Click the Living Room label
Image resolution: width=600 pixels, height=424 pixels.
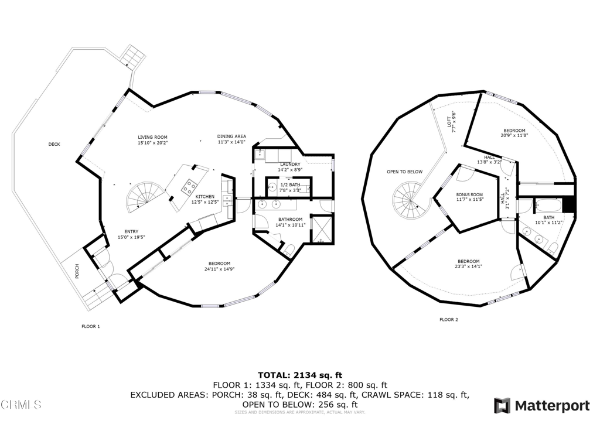152,136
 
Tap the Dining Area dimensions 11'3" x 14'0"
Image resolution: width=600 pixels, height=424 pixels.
231,142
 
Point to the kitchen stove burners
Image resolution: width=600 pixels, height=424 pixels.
190,187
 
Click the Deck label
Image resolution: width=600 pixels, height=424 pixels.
54,145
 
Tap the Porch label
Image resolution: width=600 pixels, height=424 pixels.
77,271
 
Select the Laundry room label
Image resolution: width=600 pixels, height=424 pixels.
290,164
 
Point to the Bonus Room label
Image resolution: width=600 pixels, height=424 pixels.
469,194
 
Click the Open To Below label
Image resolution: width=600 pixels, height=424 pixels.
404,172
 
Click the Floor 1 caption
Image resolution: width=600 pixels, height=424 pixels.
90,326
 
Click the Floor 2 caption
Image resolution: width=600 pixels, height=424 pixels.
449,320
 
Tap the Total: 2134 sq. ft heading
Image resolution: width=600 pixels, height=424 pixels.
300,375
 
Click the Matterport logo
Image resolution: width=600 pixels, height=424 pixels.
542,406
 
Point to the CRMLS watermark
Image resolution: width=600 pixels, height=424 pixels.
22,405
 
